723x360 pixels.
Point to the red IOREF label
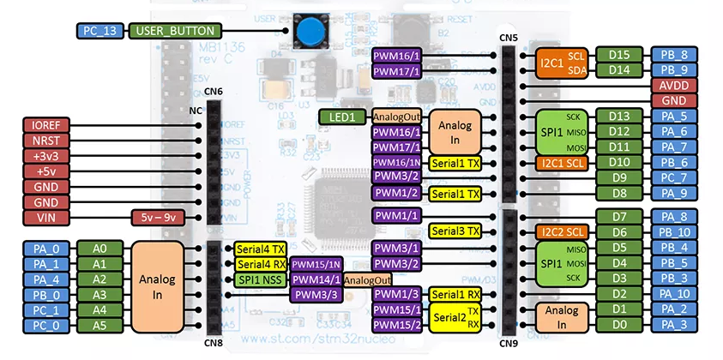point(43,124)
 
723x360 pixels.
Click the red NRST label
point(43,140)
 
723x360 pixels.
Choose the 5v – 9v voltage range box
point(157,217)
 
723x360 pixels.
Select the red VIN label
point(43,217)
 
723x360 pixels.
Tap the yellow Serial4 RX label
point(260,264)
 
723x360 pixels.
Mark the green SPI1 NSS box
point(260,279)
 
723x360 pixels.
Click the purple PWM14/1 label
point(315,279)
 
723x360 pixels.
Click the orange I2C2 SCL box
point(563,231)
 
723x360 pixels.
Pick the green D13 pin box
point(619,117)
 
